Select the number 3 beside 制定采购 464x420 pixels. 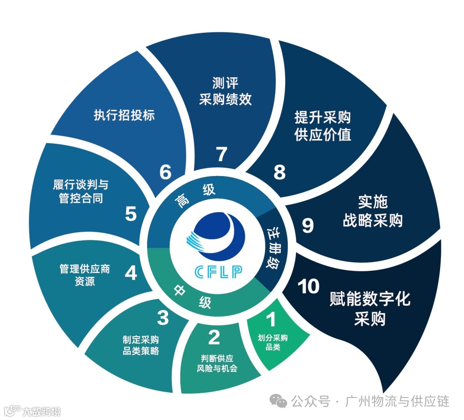[162, 318]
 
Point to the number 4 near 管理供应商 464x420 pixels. [131, 273]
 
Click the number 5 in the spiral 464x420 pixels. [131, 214]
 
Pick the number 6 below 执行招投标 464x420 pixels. [165, 173]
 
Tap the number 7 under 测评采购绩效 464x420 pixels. [221, 154]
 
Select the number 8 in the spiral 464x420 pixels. [279, 173]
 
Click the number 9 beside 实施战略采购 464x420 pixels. [307, 226]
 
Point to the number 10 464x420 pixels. [308, 287]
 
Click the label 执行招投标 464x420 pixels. [124, 116]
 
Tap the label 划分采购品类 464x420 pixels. [273, 342]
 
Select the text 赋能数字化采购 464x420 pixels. [370, 309]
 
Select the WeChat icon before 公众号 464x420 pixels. [281, 401]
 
